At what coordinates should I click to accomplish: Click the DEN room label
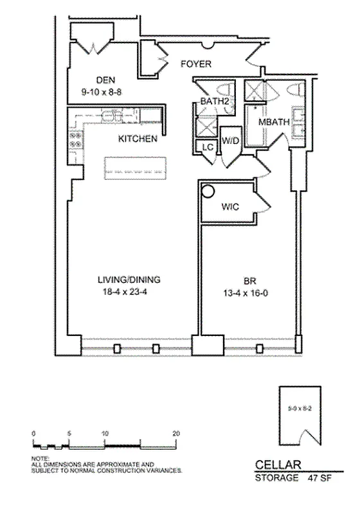(x=105, y=80)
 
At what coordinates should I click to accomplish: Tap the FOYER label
(x=196, y=64)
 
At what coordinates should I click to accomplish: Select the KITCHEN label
(x=138, y=139)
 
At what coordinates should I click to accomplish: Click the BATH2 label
(x=210, y=102)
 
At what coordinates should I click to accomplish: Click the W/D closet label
(x=230, y=139)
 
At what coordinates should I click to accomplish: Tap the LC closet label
(x=207, y=146)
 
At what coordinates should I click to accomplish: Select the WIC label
(x=230, y=207)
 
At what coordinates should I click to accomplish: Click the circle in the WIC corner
(x=208, y=191)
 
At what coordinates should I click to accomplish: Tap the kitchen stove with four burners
(x=75, y=140)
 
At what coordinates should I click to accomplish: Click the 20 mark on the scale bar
(x=175, y=434)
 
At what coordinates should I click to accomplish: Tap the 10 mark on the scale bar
(x=104, y=434)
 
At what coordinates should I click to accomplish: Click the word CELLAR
(x=276, y=465)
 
